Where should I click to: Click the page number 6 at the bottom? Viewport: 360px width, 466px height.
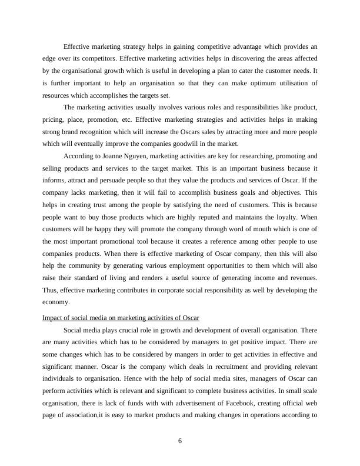180,442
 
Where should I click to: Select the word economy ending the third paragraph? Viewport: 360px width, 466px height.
56,302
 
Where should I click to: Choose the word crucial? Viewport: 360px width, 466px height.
134,330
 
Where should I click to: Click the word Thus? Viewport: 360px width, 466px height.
50,290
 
